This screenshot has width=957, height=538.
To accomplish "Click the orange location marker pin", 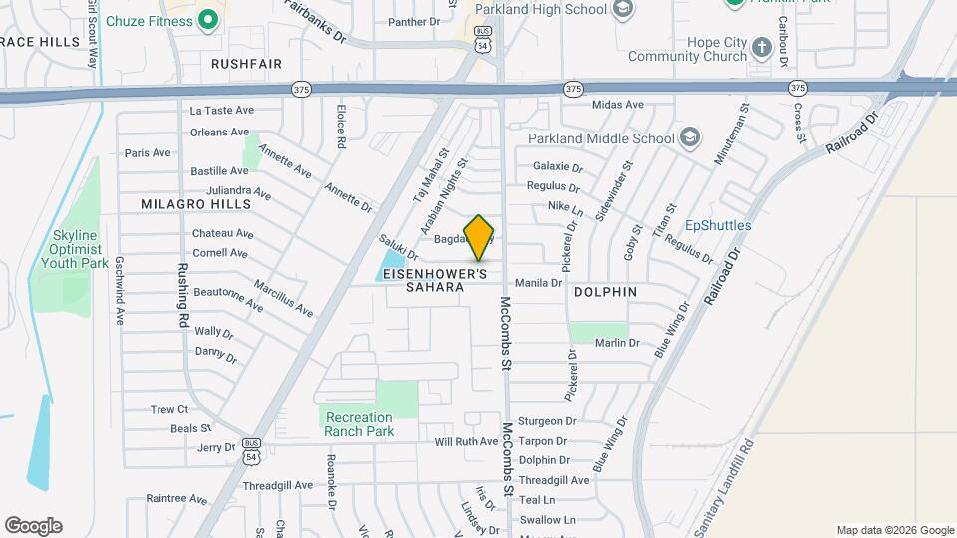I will click(479, 237).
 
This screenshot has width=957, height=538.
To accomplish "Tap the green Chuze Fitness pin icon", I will click(209, 19).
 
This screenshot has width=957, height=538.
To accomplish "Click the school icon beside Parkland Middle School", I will click(690, 137).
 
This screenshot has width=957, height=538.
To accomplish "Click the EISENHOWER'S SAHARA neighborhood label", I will click(448, 280).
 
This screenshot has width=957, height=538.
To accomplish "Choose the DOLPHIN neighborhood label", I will click(605, 292).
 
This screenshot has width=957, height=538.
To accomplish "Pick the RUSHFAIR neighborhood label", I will click(247, 64).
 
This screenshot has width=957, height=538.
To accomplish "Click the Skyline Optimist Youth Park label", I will click(74, 250).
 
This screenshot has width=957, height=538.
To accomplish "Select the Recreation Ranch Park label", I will click(359, 424).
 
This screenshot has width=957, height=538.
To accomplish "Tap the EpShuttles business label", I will click(718, 226).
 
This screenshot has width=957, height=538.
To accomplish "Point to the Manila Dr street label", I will click(539, 283).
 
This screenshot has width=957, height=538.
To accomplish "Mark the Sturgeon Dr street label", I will click(548, 421).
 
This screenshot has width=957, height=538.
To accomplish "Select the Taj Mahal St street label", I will click(427, 176).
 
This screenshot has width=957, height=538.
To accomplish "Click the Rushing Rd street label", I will click(183, 295).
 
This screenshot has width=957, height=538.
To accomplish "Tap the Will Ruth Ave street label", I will click(466, 441).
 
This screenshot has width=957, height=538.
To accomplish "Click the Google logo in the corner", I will click(33, 526).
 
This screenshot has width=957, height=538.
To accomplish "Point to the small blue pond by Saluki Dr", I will click(388, 266).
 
